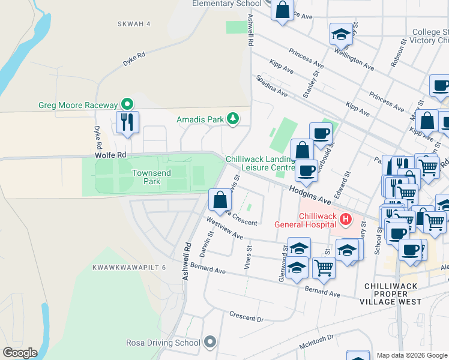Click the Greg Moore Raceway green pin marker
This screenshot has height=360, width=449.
[x=126, y=104]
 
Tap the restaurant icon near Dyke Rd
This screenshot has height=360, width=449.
[x=127, y=122]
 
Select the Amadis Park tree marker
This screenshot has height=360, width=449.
[x=233, y=119]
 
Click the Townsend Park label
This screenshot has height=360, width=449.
[x=152, y=177]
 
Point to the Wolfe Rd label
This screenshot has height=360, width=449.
[x=110, y=155]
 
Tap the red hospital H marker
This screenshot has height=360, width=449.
[x=345, y=220]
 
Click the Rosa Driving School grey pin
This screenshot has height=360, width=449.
[x=209, y=343]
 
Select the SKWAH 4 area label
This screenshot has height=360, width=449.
[x=134, y=24]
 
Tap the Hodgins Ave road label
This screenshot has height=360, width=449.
[x=309, y=193]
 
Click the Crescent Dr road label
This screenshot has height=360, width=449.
[x=246, y=316]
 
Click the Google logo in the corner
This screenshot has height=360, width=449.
[x=19, y=353]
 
